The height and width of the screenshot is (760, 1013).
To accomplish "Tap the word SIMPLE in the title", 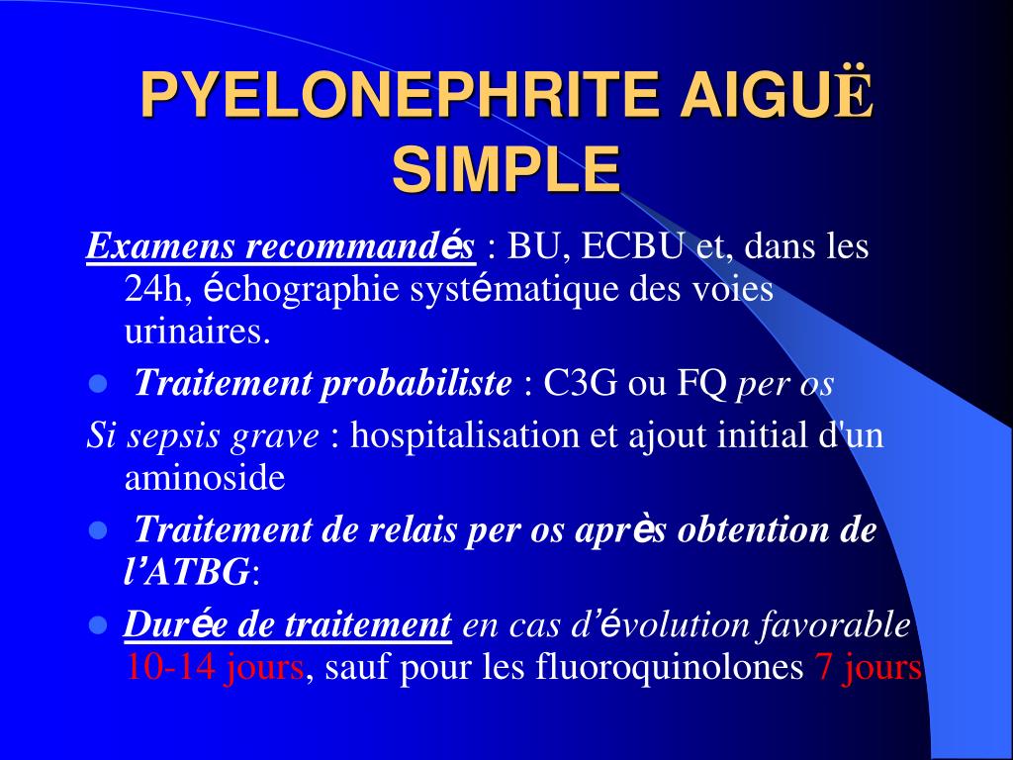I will coord(506,169).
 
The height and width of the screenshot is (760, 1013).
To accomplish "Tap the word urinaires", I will coord(197,332).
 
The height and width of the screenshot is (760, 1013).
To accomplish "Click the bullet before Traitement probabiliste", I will coord(97,384).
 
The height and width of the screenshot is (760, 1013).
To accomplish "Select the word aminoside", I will coord(204,479).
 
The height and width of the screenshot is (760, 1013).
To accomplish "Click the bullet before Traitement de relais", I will coord(97,531).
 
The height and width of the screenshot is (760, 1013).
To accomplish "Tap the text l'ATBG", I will coord(187,572).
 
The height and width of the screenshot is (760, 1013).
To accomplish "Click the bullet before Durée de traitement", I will coord(97,625).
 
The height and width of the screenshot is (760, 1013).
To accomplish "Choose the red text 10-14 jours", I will coord(215,668).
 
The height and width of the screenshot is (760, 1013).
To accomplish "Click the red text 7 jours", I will coord(867,668).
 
